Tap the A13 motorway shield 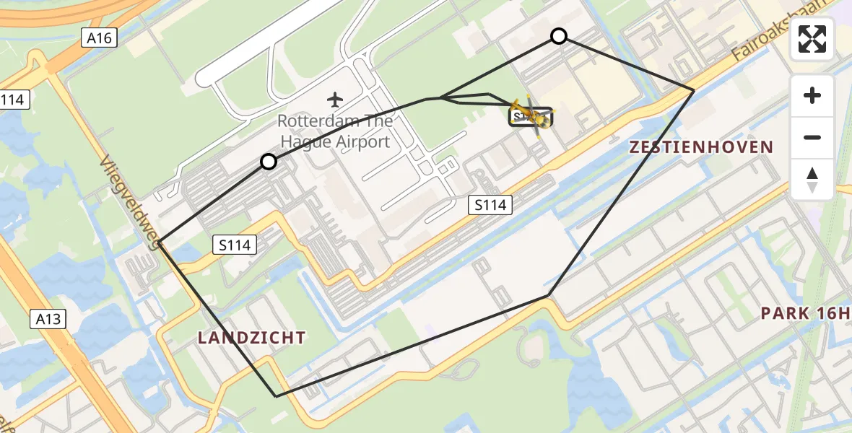tap(48, 318)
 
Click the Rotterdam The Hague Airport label tap(335, 131)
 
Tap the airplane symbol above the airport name tap(334, 98)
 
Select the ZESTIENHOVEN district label tap(701, 148)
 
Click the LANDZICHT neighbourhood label tap(251, 337)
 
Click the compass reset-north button tap(812, 180)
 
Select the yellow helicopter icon tap(533, 115)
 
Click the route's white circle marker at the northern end tap(559, 36)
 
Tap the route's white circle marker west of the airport tap(269, 162)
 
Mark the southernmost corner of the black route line tap(276, 396)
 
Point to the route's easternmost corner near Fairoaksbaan tap(694, 90)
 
